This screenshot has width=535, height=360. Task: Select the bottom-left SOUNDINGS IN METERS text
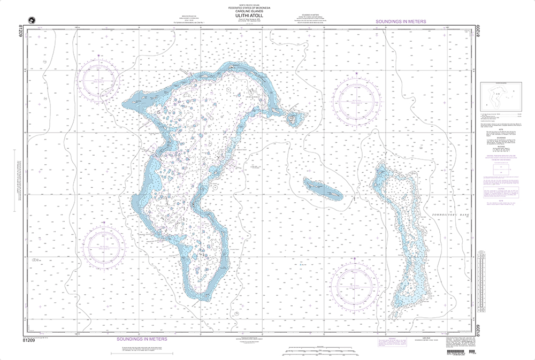point(142,339)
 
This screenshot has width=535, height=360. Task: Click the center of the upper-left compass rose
point(100,80)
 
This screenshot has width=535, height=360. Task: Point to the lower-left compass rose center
point(105,247)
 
